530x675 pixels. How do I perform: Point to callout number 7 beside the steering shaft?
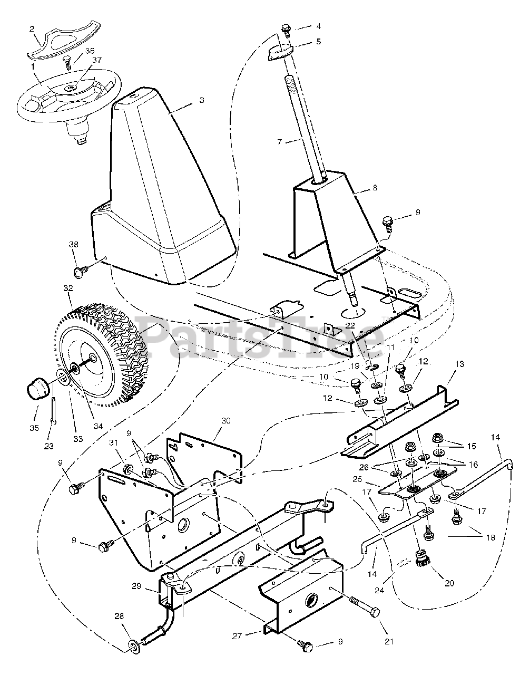[280, 141]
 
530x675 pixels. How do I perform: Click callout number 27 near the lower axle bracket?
[238, 637]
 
